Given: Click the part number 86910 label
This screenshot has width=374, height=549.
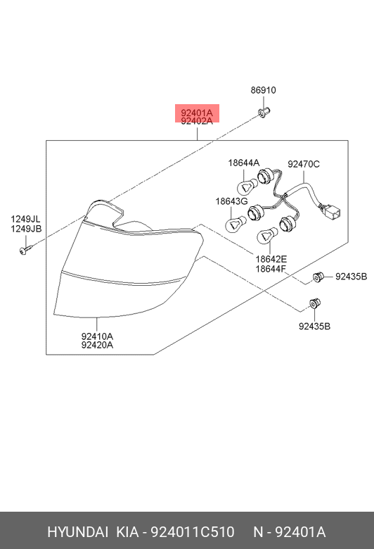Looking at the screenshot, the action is [263, 90].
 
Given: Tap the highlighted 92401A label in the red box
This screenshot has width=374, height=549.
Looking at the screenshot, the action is [197, 113].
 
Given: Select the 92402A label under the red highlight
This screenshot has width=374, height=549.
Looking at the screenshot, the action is [197, 121].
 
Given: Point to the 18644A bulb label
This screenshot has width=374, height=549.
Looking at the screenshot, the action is [244, 163].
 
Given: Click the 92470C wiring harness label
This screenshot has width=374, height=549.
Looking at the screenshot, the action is [304, 164].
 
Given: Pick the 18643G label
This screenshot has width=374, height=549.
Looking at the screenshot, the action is [231, 201].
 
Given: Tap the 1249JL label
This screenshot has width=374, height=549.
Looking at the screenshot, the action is [25, 219].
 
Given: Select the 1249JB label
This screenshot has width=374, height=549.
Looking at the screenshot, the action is [26, 229].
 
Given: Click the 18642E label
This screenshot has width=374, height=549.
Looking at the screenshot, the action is [271, 259].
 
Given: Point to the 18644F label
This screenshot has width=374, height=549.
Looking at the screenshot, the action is [271, 269].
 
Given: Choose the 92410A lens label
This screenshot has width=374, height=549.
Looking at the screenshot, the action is [97, 336].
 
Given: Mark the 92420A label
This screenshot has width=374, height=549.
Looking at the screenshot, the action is [97, 345].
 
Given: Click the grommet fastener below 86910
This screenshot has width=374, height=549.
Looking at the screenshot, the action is [264, 113].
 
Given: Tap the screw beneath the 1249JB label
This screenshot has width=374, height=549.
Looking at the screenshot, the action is [25, 250].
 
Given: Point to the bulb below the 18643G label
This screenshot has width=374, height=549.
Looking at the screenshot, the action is [235, 224].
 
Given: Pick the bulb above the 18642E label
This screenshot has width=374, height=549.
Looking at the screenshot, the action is [267, 236].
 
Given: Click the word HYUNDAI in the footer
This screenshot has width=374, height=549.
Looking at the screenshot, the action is [77, 532].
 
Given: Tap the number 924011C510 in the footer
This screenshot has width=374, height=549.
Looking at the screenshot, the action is [193, 532].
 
